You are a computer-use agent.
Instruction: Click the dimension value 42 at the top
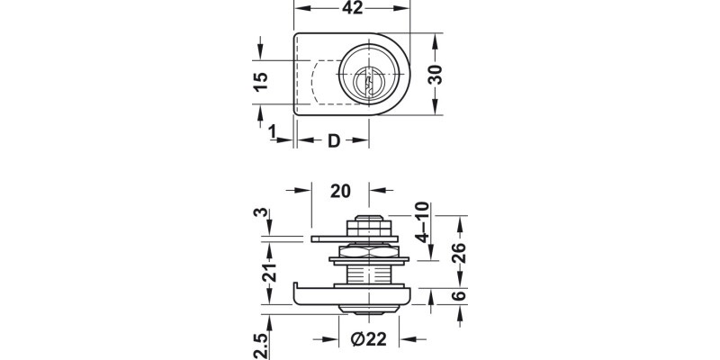(352, 9)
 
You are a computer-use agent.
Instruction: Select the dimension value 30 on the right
(436, 75)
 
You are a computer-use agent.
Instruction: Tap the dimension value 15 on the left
(261, 82)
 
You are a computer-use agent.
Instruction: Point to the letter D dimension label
(333, 141)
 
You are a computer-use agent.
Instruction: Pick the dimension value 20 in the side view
(340, 190)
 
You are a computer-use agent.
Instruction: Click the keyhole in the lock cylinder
(364, 80)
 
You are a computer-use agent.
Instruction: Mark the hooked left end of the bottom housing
(296, 292)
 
